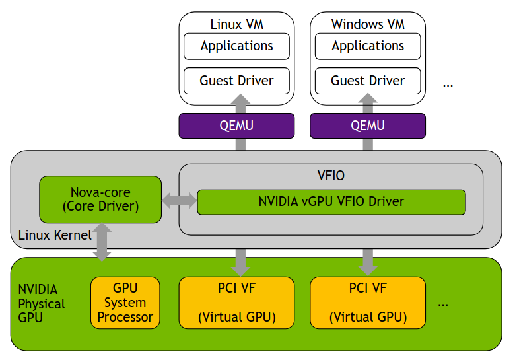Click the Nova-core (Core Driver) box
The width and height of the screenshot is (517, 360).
pos(100,199)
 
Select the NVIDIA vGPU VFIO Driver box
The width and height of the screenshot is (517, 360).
pos(331,201)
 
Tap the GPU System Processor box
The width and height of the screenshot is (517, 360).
pos(125,303)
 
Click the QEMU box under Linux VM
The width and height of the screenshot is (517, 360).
pos(236,126)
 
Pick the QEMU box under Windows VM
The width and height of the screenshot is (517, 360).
pos(368,126)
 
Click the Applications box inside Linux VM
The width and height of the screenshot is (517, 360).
pos(236,46)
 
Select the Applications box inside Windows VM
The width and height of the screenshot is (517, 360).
pos(368,46)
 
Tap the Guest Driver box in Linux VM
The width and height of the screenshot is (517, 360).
pos(236,81)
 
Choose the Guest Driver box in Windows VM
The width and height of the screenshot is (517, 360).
pos(368,81)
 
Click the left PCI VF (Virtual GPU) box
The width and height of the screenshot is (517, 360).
pos(236,303)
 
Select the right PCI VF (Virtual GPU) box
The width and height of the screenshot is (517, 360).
pos(368,303)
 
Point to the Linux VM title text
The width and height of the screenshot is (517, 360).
pos(236,24)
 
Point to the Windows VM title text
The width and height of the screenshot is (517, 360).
pos(368,24)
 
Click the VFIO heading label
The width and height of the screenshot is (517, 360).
pos(331,176)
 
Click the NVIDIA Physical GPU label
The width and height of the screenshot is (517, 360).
pos(41,303)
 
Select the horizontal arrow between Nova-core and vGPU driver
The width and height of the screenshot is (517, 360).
pos(180,200)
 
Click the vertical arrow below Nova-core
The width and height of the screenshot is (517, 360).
pos(102,241)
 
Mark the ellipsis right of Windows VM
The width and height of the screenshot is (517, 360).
pos(448,84)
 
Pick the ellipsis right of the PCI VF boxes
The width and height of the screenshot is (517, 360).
pos(443,304)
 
